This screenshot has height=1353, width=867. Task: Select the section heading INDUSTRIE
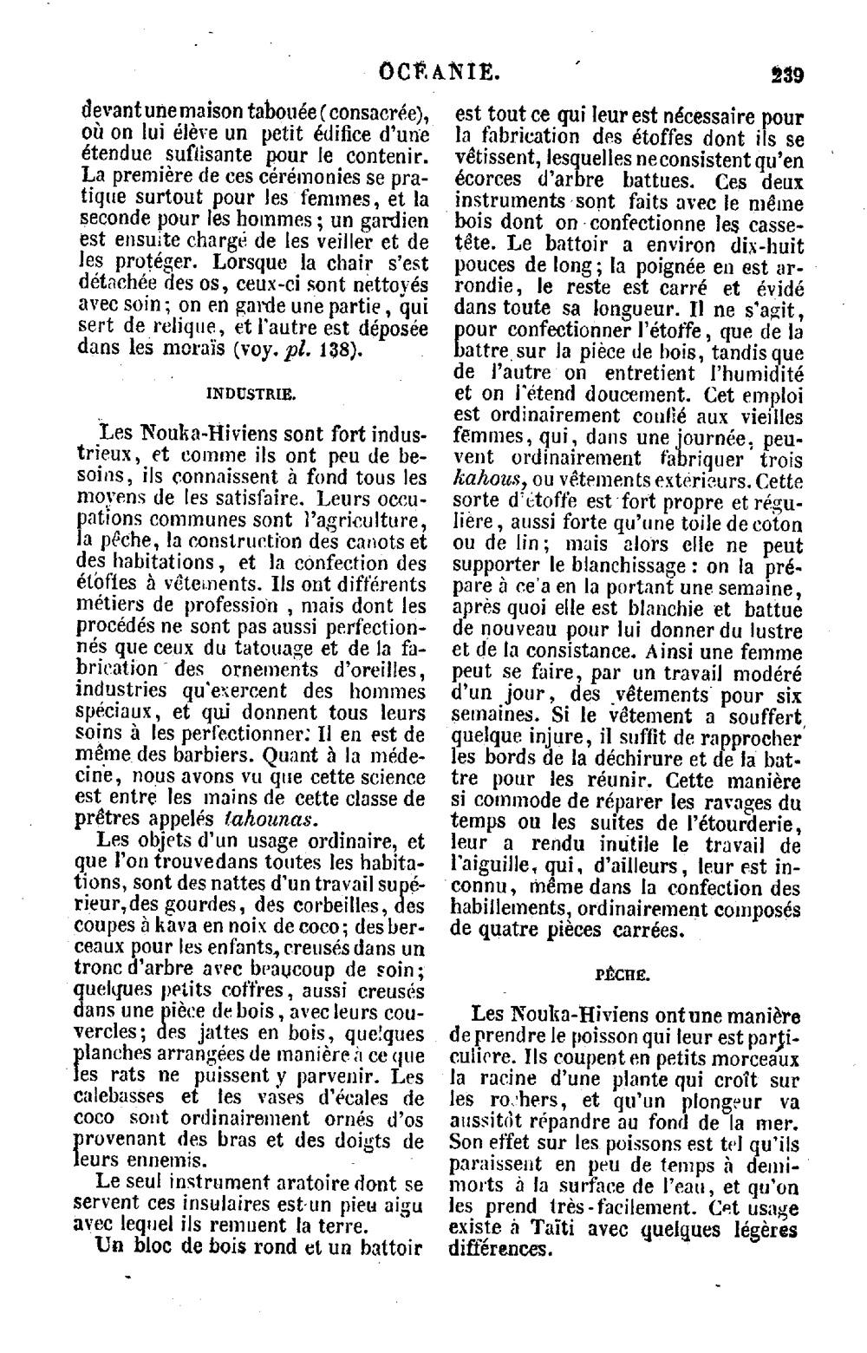pos(251,392)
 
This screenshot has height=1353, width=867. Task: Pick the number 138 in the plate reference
pos(326,350)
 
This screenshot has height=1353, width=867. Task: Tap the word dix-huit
pos(766,245)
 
